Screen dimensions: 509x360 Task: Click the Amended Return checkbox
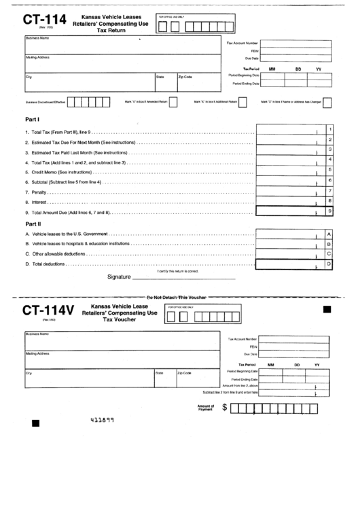click(173, 102)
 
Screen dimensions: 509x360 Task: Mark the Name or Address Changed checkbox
click(327, 102)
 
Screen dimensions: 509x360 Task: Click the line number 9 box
click(329, 211)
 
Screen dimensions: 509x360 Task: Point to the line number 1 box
click(329, 129)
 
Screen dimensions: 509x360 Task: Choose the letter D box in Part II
click(329, 263)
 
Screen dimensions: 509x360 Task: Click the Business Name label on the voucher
click(37, 334)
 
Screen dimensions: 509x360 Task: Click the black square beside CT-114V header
click(327, 310)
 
